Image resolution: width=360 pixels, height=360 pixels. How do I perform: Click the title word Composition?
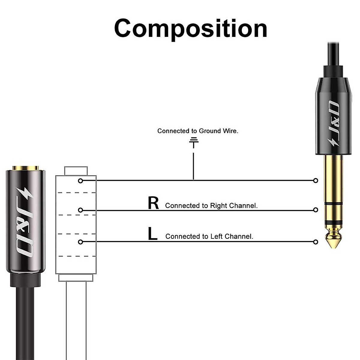point(190,28)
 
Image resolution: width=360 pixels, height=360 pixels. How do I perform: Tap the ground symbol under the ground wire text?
point(194,142)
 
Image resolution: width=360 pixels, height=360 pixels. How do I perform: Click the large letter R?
point(153,203)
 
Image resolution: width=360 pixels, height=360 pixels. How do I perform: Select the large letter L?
point(153,234)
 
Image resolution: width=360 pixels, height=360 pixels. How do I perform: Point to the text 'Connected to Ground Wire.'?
point(198,131)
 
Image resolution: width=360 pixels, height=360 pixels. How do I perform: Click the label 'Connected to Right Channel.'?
point(211,206)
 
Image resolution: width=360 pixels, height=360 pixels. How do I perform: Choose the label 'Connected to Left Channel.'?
point(209,236)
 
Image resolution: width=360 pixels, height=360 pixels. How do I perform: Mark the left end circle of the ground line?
point(80,181)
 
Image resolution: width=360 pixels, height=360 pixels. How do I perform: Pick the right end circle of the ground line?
point(315,181)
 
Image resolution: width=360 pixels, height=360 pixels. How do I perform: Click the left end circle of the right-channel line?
point(80,210)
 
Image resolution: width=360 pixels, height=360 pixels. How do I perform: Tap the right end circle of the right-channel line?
point(315,210)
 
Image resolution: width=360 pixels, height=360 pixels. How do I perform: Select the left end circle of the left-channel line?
point(80,242)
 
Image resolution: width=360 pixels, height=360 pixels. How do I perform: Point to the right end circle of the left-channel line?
point(315,242)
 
